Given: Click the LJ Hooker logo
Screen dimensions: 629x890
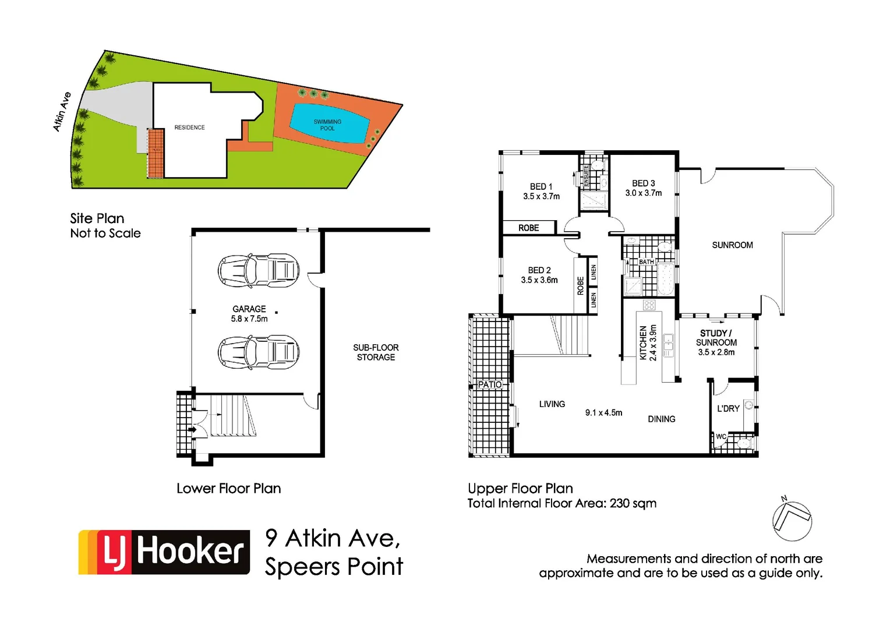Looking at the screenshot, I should click(164, 552).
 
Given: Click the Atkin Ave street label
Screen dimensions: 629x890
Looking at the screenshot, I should click(62, 111).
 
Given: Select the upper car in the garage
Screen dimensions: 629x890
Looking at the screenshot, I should click(259, 270).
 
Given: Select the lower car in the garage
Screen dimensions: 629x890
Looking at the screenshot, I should click(259, 352).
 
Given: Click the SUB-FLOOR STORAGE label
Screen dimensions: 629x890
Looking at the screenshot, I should click(376, 352).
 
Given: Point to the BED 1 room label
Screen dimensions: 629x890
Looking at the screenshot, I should click(541, 186).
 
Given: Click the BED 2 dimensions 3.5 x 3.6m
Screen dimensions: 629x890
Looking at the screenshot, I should click(539, 280).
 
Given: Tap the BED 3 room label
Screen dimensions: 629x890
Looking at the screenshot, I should click(644, 183).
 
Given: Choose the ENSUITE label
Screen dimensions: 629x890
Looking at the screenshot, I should click(586, 176).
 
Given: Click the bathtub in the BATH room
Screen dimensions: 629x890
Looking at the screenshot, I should click(665, 280).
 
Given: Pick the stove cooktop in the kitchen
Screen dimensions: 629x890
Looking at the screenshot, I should click(649, 305).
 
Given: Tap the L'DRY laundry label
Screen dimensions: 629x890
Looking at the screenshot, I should click(728, 408).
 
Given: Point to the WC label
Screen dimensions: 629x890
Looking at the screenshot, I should click(721, 436).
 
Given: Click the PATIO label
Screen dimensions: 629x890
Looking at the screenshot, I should click(490, 384).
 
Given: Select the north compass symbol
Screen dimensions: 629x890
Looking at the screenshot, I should click(792, 520).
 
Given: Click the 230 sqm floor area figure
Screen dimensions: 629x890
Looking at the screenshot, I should click(633, 503).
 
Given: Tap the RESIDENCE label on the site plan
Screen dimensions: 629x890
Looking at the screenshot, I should click(189, 127).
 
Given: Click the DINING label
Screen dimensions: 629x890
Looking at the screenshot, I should click(662, 419).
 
